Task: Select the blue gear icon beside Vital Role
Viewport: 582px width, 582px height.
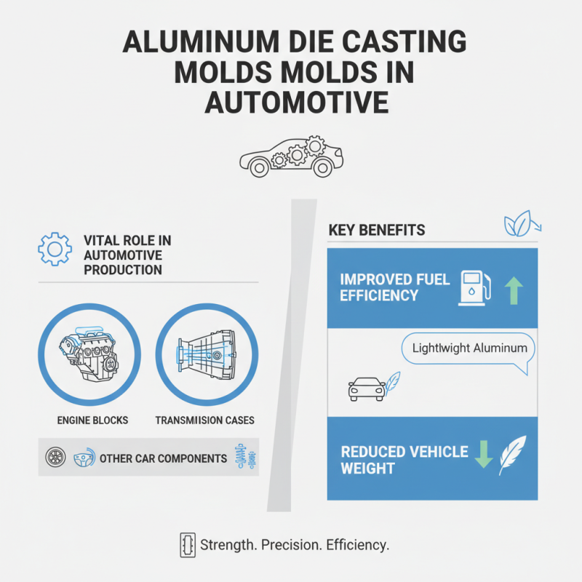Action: [x=55, y=249]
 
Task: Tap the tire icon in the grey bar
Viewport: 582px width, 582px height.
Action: [x=55, y=458]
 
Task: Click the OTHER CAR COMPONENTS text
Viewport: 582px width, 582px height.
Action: [x=163, y=459]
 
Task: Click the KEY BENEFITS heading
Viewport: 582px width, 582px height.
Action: [x=377, y=231]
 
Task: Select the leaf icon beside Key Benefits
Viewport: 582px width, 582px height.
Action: [x=521, y=226]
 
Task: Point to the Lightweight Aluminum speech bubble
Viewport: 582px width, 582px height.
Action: [x=469, y=348]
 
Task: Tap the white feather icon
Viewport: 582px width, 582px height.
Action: [x=513, y=455]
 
